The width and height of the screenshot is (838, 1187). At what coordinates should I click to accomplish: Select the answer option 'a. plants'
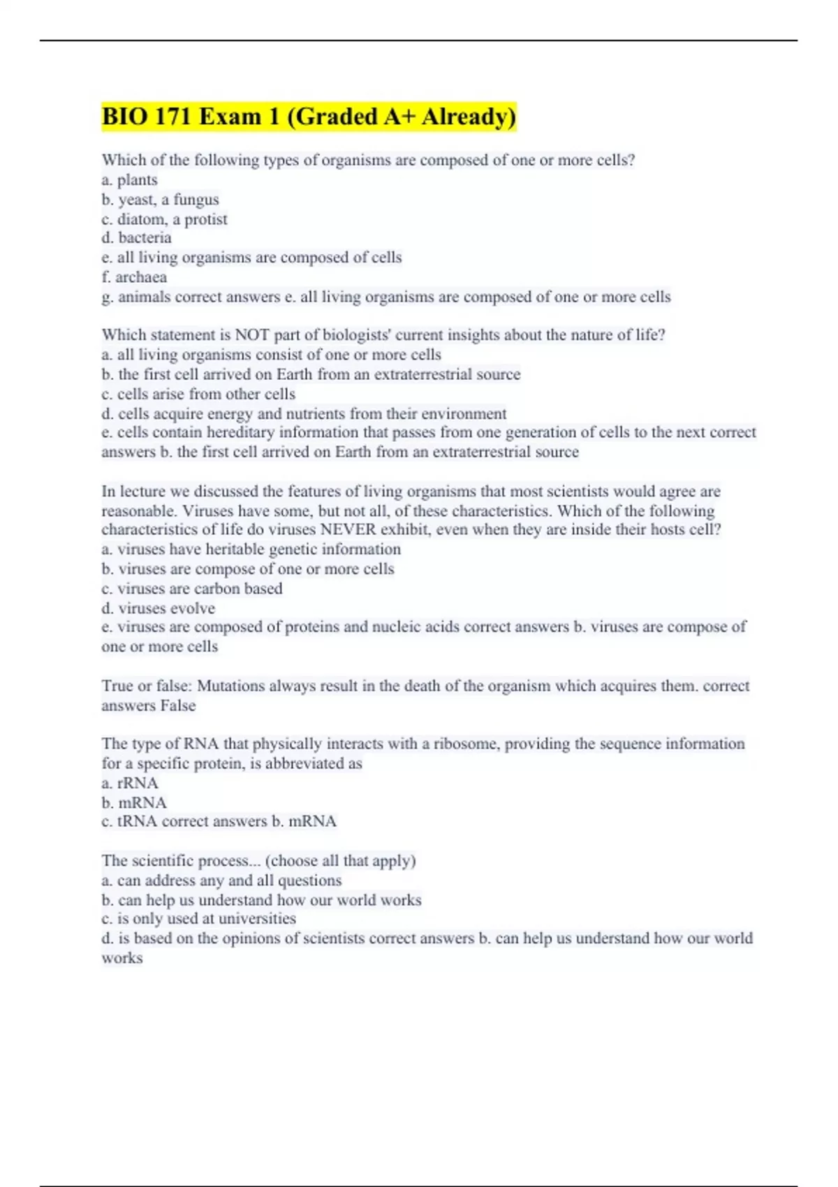pos(130,180)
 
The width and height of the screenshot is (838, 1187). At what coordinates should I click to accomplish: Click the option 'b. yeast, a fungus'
pos(160,200)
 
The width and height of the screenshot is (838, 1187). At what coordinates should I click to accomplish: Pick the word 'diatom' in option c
pos(141,219)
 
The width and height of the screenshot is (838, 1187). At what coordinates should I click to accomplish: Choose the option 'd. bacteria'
pos(136,238)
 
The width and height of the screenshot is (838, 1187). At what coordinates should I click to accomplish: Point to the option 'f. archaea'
pos(134,277)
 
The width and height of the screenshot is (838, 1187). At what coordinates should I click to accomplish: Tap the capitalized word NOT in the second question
pos(252,335)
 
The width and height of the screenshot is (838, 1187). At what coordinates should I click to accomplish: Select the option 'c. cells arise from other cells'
pos(198,394)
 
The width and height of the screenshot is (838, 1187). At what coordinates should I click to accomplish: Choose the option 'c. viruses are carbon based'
pos(192,589)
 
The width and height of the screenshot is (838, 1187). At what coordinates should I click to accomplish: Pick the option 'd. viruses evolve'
pos(159,608)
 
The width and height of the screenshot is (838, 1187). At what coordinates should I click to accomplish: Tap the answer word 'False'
pos(177,705)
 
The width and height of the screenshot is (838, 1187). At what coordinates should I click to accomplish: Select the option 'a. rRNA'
pos(130,783)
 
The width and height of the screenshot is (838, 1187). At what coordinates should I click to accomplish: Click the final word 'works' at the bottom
pos(122,958)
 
